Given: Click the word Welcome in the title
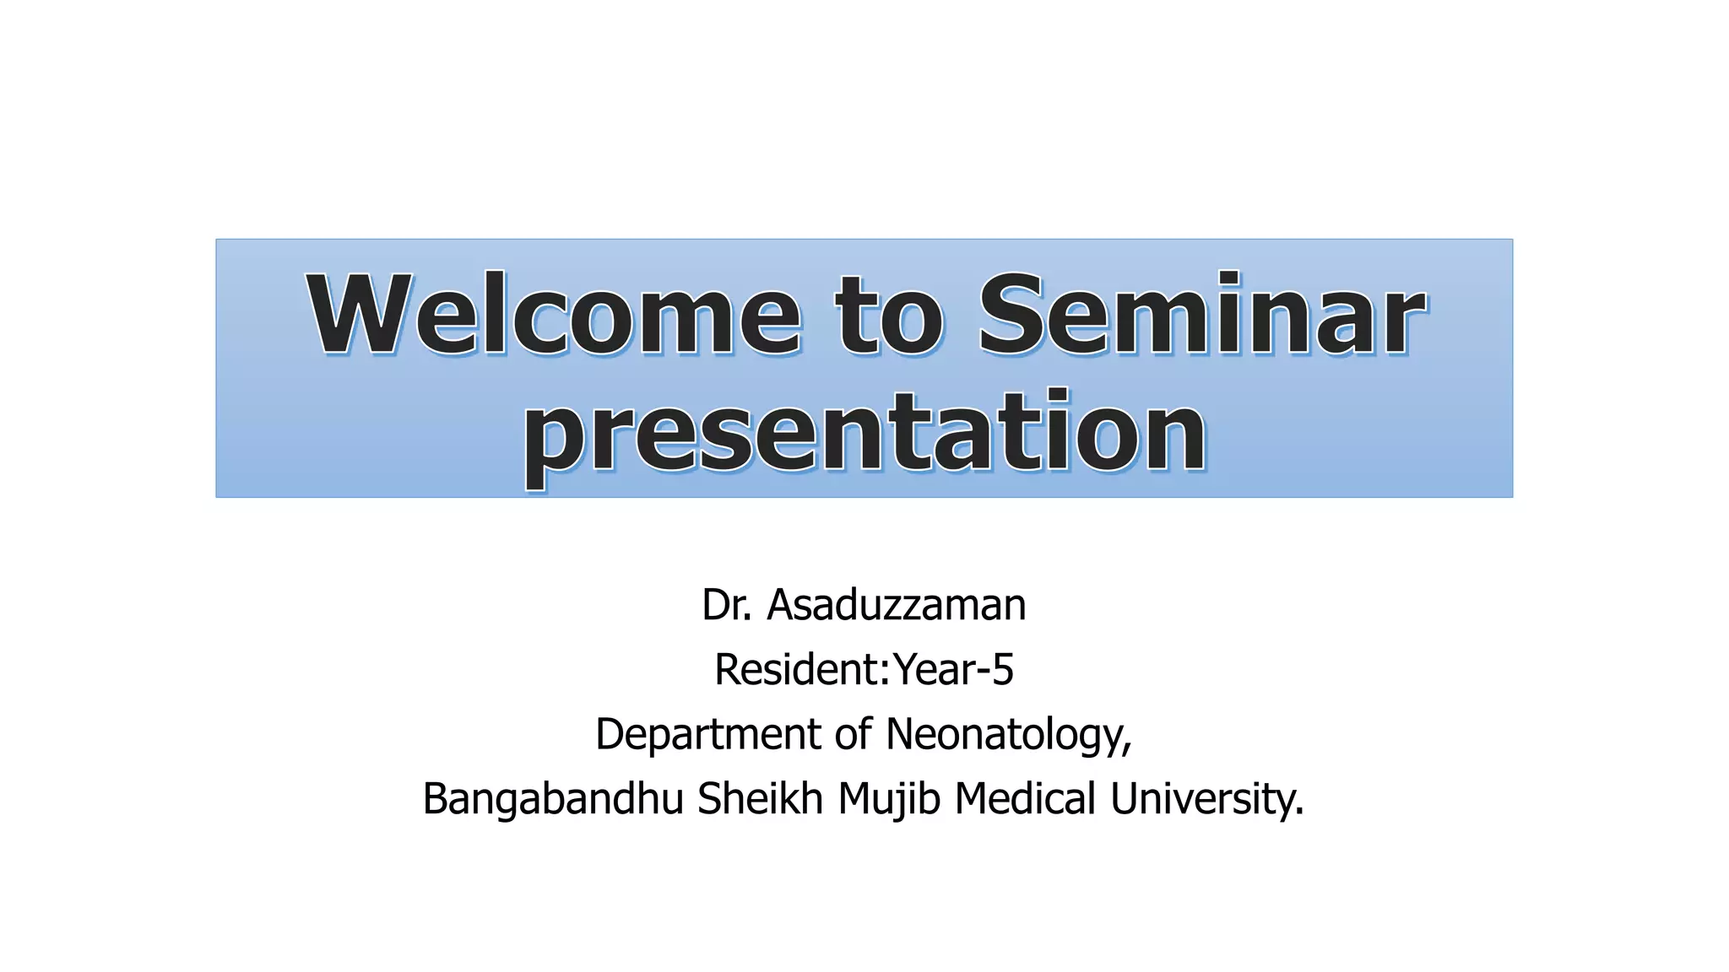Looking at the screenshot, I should (553, 315).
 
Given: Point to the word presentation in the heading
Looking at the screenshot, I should (864, 435).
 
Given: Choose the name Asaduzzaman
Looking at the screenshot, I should (896, 605).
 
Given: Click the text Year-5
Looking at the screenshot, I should (953, 669).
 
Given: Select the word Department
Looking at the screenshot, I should (708, 733).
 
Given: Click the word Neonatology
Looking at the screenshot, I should (1008, 733).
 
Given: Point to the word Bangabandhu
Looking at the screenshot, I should (552, 798).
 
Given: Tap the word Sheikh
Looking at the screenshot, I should (760, 798).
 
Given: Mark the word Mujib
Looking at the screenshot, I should (888, 798).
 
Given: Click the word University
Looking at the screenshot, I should (1206, 798).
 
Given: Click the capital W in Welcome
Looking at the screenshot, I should (360, 313).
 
